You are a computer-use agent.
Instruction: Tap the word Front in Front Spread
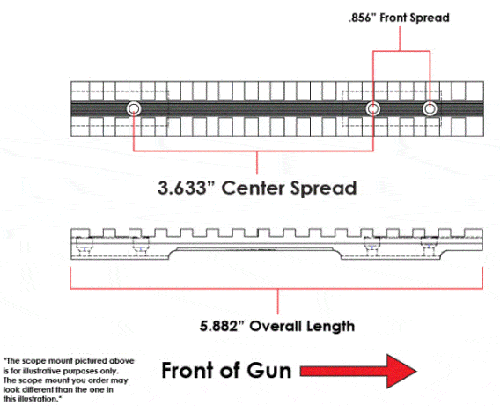[x=393, y=18]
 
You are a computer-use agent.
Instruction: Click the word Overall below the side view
[x=276, y=326]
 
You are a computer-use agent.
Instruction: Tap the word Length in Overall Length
[x=330, y=327]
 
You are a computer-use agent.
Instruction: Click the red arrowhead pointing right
[x=401, y=371]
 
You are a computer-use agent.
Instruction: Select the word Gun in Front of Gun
[x=269, y=371]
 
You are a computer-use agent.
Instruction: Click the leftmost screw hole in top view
[x=134, y=108]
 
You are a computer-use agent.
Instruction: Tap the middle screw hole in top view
[x=372, y=108]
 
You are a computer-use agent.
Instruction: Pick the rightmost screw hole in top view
[x=430, y=108]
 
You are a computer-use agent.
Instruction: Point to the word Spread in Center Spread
[x=323, y=188]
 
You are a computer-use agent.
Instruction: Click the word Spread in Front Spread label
[x=430, y=18]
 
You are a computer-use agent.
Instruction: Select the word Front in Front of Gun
[x=185, y=371]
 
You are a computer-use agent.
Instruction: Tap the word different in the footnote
[x=40, y=390]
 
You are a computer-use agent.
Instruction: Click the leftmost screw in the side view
[x=84, y=247]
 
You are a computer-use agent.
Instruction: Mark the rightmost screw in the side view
[x=429, y=247]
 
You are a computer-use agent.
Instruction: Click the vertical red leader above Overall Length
[x=278, y=301]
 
